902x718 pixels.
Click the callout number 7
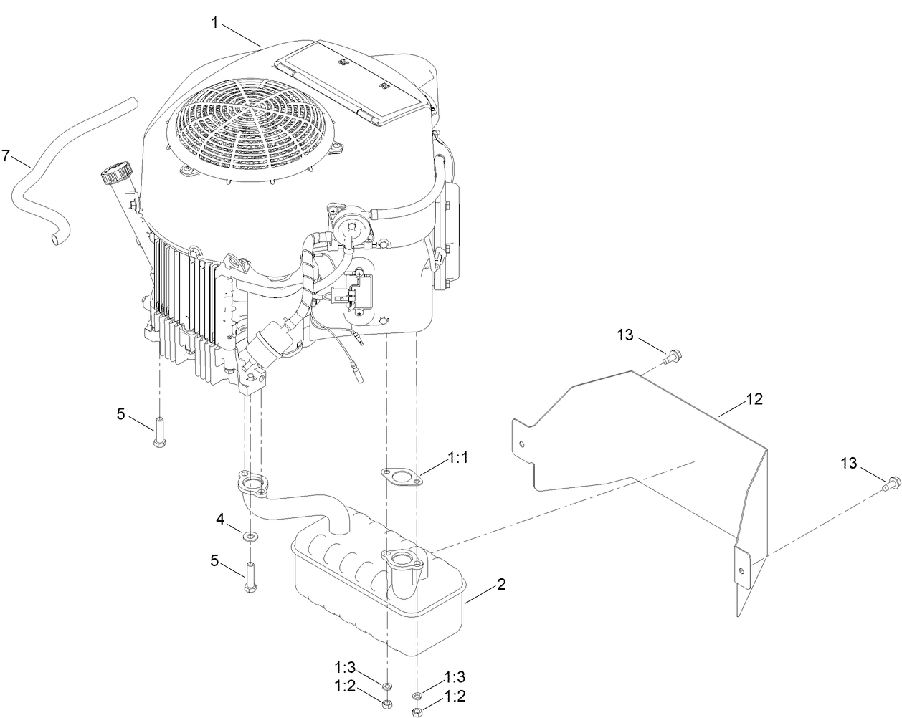(7, 155)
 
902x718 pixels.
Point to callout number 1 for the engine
(214, 23)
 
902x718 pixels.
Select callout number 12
(755, 399)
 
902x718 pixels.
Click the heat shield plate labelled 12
(645, 444)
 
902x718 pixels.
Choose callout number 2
(502, 585)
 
